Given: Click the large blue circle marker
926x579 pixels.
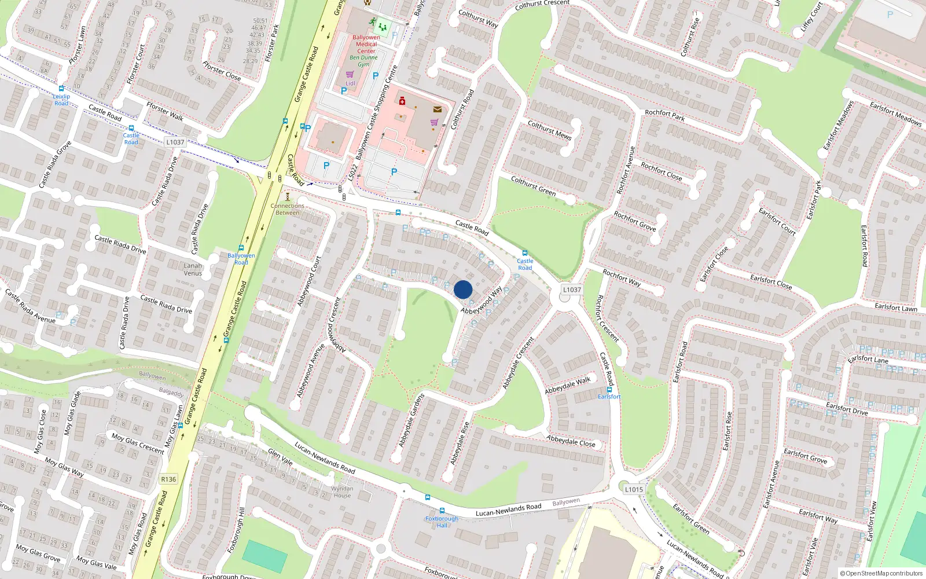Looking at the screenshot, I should pos(463,289).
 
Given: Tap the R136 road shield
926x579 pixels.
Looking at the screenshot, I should pos(168,479).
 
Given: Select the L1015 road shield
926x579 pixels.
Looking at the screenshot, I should pos(634,489).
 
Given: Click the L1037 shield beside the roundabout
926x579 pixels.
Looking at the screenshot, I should pos(572,289).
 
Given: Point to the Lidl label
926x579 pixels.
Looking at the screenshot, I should pos(351,83).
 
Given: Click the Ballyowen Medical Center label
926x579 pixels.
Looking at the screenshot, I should pos(366,44).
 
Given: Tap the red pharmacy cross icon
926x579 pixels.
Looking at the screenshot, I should pos(402,101).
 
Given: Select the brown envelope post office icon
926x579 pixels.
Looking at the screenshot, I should pos(438,109).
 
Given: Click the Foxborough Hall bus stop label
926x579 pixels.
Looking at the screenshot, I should pos(442,522).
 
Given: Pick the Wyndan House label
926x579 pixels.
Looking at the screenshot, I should pos(342,492).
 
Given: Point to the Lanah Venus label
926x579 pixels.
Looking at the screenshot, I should pos(193,269).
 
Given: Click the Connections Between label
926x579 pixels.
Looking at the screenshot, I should pos(287,209).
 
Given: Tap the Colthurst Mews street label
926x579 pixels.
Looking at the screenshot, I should pos(549,130).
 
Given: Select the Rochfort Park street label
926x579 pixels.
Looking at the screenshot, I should pos(664,115).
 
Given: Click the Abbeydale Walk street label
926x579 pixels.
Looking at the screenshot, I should pos(567,385).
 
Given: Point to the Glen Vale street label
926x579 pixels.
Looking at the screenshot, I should pos(280,457).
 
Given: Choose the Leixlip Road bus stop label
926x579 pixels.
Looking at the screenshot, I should pos(61,100).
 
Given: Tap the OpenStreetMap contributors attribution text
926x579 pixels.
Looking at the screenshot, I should pos(881,573).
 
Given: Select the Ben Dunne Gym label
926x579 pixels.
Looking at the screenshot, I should pos(363,61).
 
